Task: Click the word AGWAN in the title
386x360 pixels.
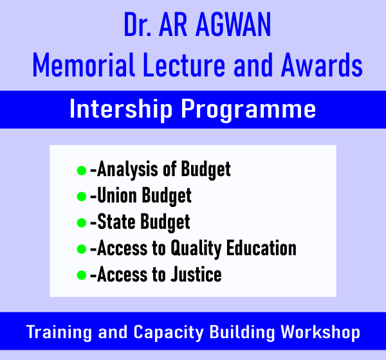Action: (233, 24)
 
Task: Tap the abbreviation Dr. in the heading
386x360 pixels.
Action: (138, 24)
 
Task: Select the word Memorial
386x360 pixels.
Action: (84, 65)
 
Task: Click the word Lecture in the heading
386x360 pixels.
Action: (184, 65)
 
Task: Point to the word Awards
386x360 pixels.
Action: (322, 65)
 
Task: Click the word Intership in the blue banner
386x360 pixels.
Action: (121, 109)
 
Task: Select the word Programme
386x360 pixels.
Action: (248, 110)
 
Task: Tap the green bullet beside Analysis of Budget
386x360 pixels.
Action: (82, 170)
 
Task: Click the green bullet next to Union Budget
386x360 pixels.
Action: (82, 196)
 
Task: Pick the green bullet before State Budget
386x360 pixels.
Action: (82, 222)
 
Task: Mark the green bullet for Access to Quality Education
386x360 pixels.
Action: (82, 249)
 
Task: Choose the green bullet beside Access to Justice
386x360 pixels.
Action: (82, 275)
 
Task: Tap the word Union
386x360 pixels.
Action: (117, 195)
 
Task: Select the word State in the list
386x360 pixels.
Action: (116, 221)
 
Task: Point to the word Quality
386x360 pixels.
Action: (196, 249)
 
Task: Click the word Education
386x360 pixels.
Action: (261, 248)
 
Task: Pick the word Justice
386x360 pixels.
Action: (196, 274)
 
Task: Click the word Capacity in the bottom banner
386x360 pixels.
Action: (169, 333)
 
